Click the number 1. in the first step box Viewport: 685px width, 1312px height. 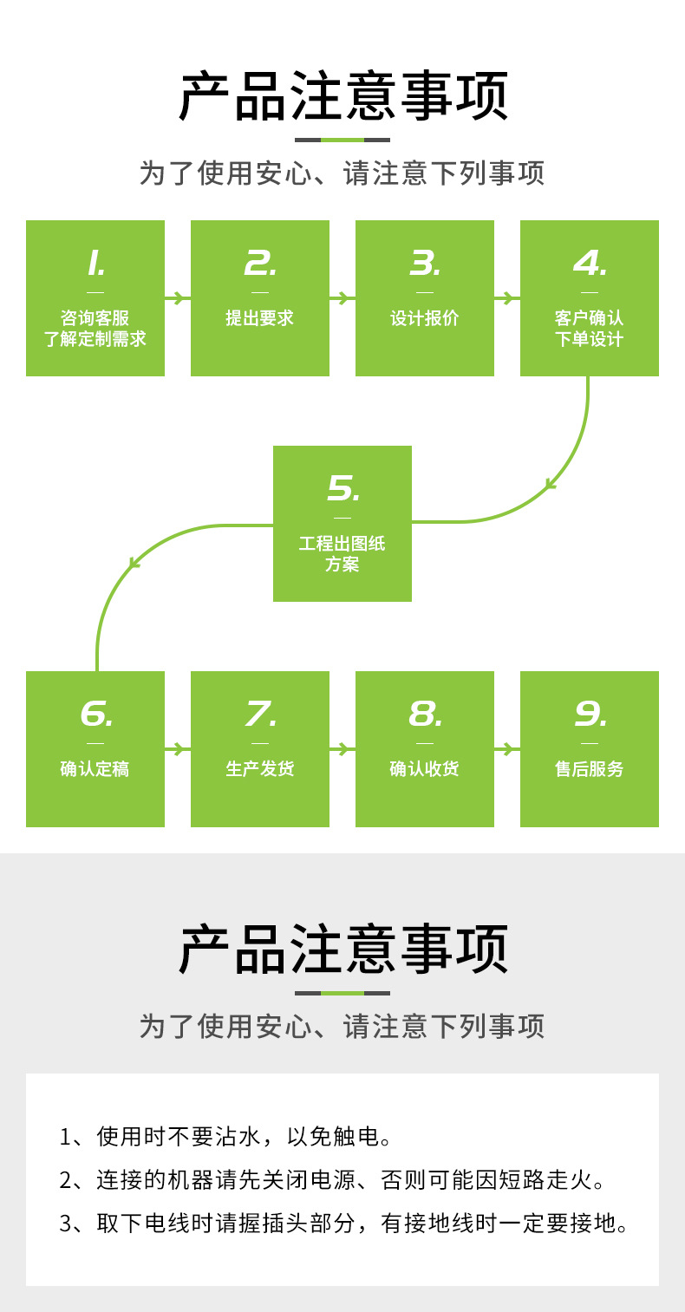(x=95, y=263)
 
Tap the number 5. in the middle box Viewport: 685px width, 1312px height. (x=342, y=489)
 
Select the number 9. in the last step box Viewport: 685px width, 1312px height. (x=590, y=715)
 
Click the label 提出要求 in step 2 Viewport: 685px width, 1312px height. (x=260, y=318)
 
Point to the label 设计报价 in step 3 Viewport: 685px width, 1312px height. (x=425, y=318)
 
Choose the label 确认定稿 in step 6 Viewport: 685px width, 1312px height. (x=95, y=769)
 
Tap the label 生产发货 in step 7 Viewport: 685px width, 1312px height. (x=260, y=769)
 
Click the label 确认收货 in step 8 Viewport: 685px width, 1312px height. (x=425, y=769)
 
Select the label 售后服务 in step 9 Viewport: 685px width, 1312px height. (x=590, y=769)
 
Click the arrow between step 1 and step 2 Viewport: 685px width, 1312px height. (x=178, y=298)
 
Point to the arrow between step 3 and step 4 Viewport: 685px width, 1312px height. (x=507, y=298)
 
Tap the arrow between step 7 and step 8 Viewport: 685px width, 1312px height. (x=342, y=748)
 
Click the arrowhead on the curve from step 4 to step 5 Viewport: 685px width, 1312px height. (x=550, y=485)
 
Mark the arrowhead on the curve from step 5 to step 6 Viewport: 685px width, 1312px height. (x=134, y=563)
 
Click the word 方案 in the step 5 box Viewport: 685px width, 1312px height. (x=342, y=565)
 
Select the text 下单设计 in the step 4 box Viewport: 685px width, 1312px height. (x=590, y=339)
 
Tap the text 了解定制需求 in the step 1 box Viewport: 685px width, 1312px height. (x=95, y=339)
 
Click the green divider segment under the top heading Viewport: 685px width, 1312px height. (x=342, y=140)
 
